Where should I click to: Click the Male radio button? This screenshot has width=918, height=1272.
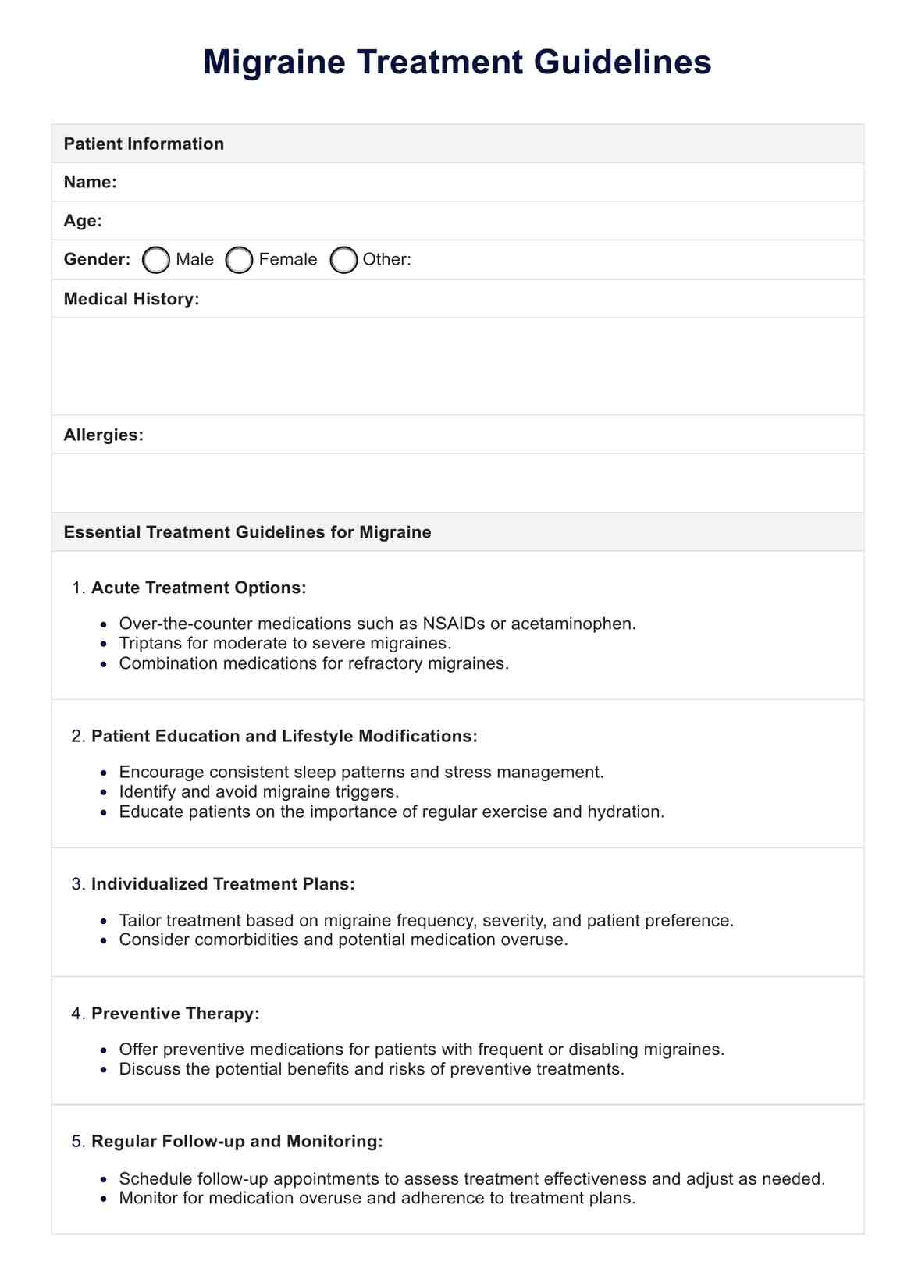pyautogui.click(x=156, y=260)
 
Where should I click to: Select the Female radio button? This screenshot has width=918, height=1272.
pyautogui.click(x=239, y=260)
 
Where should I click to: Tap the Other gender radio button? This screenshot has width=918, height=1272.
pyautogui.click(x=343, y=260)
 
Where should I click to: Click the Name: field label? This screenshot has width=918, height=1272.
pyautogui.click(x=90, y=182)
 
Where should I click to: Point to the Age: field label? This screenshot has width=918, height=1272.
pyautogui.click(x=83, y=221)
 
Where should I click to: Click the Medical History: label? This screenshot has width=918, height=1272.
pyautogui.click(x=131, y=299)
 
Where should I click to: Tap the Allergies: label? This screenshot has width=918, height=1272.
pyautogui.click(x=103, y=435)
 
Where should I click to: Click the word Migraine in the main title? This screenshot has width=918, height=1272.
pyautogui.click(x=274, y=62)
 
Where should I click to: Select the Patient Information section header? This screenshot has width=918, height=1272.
pyautogui.click(x=144, y=144)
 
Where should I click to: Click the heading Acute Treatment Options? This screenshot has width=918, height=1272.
pyautogui.click(x=198, y=588)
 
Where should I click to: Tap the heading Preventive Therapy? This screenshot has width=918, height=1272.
pyautogui.click(x=175, y=1013)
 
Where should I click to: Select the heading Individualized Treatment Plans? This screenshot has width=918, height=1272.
pyautogui.click(x=222, y=884)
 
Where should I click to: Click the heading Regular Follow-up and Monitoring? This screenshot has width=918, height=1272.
pyautogui.click(x=237, y=1141)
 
